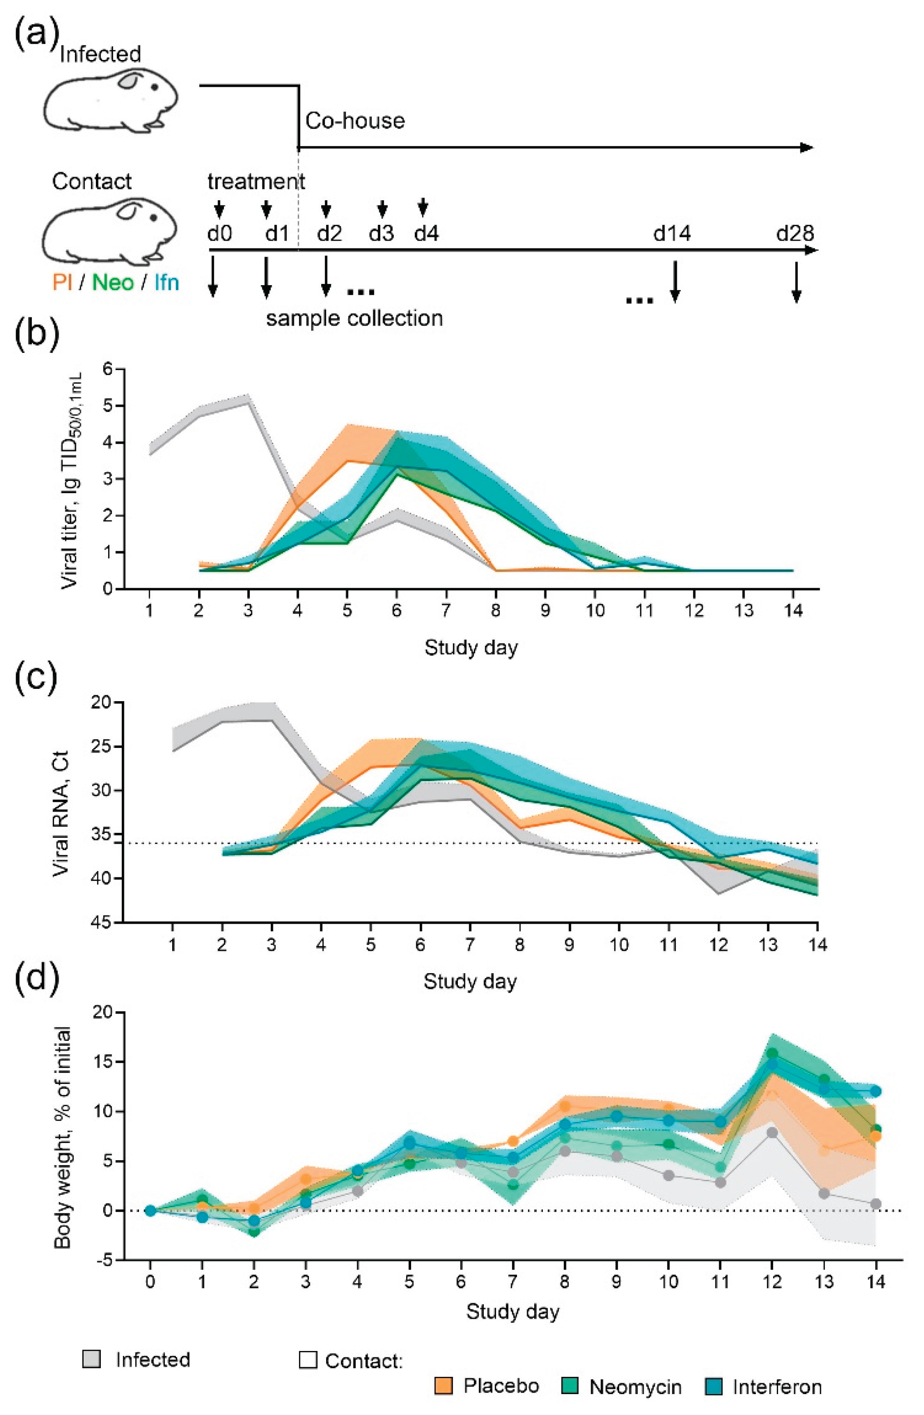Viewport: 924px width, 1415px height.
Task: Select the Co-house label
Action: click(355, 121)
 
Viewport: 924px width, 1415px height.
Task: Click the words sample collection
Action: click(354, 318)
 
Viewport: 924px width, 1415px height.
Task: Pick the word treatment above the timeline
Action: click(256, 181)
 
